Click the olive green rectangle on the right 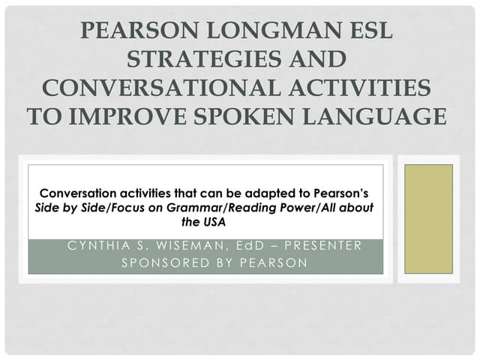pyautogui.click(x=428, y=219)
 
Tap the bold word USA pyautogui.click(x=214, y=221)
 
